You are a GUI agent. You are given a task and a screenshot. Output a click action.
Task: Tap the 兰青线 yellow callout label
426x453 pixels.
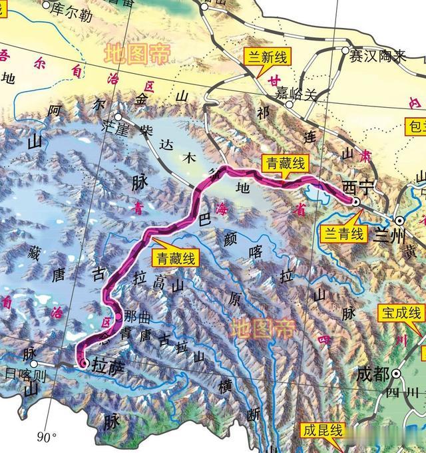point(343,233)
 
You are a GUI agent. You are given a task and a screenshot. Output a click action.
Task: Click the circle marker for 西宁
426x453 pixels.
point(355,202)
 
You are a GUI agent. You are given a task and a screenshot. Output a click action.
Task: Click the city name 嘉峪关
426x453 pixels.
point(307,94)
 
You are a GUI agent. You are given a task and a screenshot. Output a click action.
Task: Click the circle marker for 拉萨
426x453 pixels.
point(83,363)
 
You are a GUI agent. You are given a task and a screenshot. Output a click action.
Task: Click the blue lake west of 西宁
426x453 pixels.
point(314,195)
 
